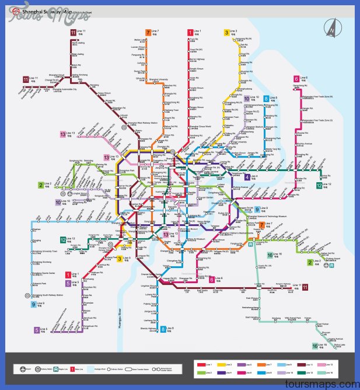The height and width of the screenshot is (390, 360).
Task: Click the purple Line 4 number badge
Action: tap(247, 177)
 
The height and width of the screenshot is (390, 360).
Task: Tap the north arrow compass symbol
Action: tap(332, 27)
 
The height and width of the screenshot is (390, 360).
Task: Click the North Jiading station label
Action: tap(78, 43)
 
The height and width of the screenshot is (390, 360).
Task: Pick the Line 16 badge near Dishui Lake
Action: tap(315, 346)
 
